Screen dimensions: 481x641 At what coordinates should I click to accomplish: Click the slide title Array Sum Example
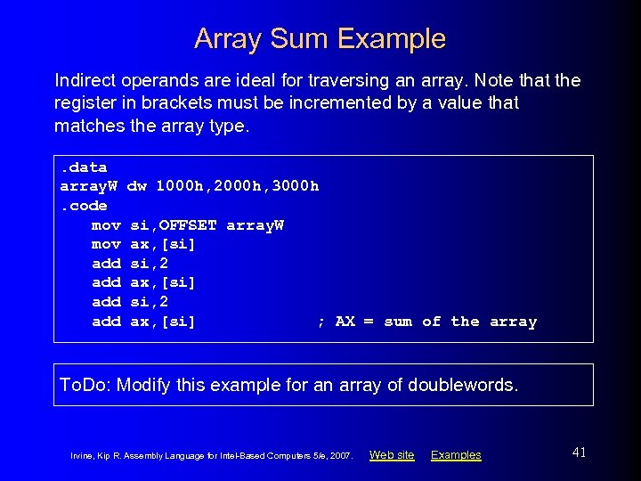coord(320,38)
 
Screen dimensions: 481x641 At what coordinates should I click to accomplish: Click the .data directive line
coord(84,167)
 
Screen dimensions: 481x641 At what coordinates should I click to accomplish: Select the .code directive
coord(84,206)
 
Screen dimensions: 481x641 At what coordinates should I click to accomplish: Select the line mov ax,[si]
coord(143,244)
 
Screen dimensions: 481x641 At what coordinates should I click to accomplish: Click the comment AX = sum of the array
coord(427,322)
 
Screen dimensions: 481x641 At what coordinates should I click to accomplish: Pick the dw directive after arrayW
coord(137,186)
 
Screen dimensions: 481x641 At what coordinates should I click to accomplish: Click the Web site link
coord(392,455)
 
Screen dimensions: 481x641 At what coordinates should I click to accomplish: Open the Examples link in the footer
coord(456,455)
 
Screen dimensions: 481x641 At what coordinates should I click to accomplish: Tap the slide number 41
coord(579,452)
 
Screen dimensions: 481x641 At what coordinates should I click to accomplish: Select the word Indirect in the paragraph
coord(83,80)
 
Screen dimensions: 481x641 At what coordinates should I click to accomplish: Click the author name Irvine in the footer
coord(82,456)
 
